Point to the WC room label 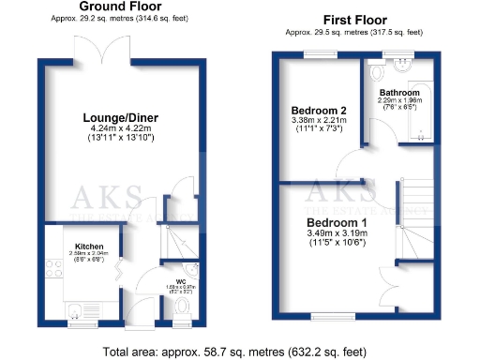(174, 279)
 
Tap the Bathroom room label (398, 93)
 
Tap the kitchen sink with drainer (78, 308)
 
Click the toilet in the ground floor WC (182, 306)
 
